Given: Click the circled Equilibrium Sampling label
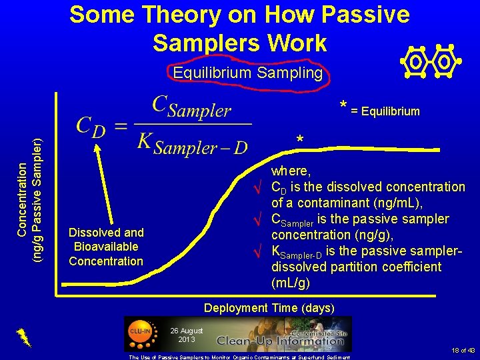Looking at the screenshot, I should pyautogui.click(x=247, y=73).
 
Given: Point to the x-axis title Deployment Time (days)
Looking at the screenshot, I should pyautogui.click(x=269, y=307).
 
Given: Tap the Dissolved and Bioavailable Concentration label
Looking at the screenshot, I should pyautogui.click(x=106, y=247).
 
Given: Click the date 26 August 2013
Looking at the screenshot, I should pyautogui.click(x=186, y=335).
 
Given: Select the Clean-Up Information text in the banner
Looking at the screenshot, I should pyautogui.click(x=280, y=340).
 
